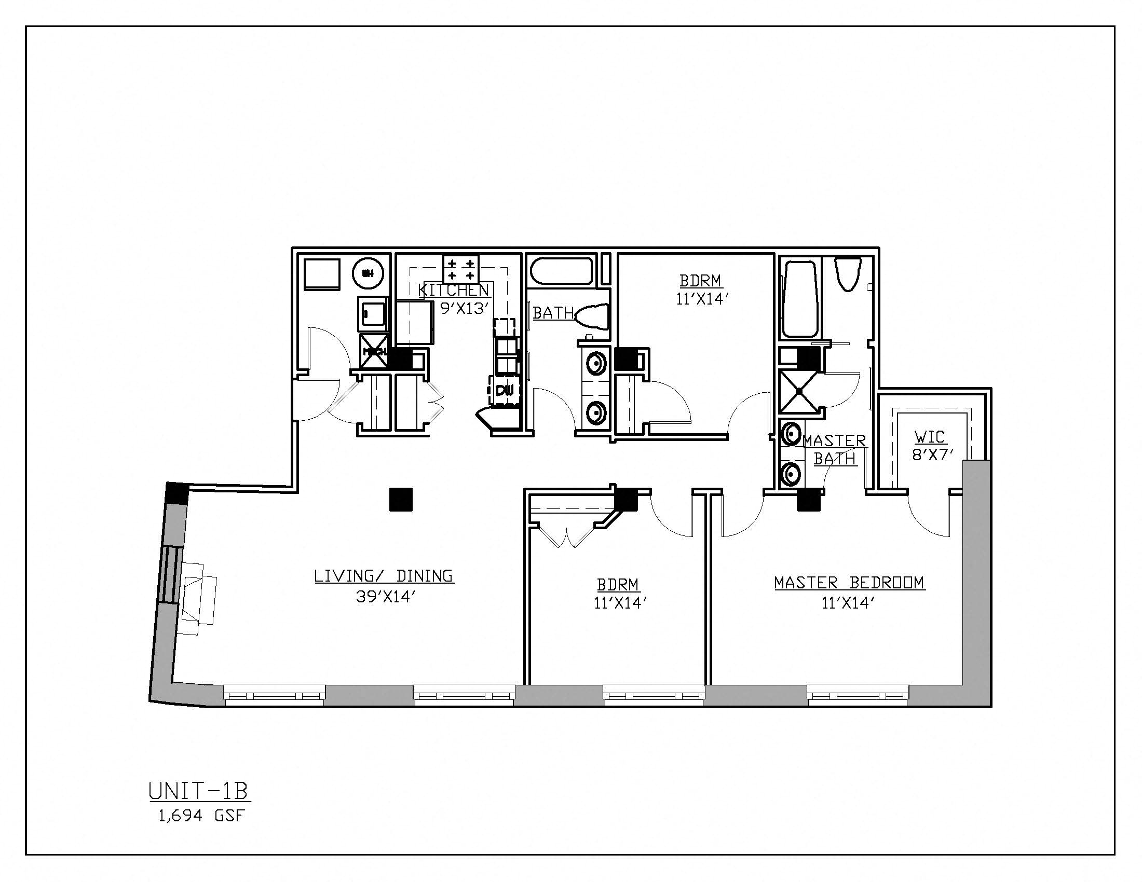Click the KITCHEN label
pyautogui.click(x=454, y=290)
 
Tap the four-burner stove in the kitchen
pyautogui.click(x=460, y=269)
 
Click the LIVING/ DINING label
pyautogui.click(x=384, y=576)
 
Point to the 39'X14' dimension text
pyautogui.click(x=385, y=597)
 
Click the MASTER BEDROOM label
pyautogui.click(x=849, y=583)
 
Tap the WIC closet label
pyautogui.click(x=930, y=437)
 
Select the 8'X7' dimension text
pyautogui.click(x=930, y=455)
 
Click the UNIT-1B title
pyautogui.click(x=199, y=792)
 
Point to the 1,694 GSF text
pyautogui.click(x=201, y=816)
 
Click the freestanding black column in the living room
pyautogui.click(x=401, y=499)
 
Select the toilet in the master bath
pyautogui.click(x=848, y=273)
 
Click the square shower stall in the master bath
pyautogui.click(x=799, y=391)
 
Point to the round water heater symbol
pyautogui.click(x=368, y=273)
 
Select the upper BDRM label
pyautogui.click(x=701, y=281)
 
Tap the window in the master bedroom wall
pyautogui.click(x=858, y=695)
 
